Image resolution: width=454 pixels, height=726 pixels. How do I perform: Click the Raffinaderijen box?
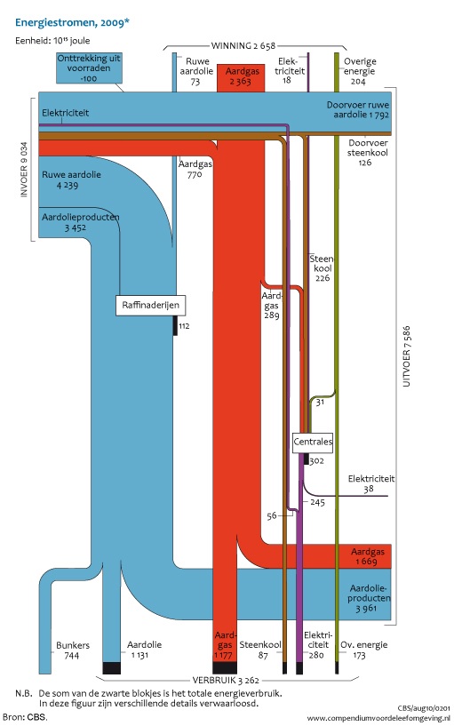pos(150,305)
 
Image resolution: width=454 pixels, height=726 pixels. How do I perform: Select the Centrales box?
pos(313,442)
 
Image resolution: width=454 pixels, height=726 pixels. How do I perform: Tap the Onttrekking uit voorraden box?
pos(89,68)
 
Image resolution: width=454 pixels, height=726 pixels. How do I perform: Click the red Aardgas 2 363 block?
pos(241,78)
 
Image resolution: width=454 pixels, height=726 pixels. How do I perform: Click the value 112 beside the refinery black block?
pos(184,326)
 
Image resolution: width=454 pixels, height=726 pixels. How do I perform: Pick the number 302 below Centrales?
pos(316,460)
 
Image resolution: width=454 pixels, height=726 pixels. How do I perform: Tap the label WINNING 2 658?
pos(243,45)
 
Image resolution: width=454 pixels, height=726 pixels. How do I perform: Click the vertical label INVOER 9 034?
pos(24,170)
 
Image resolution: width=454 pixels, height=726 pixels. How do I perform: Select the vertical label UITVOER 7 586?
pos(406,356)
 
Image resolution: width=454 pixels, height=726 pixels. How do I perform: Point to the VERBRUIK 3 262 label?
pos(226,680)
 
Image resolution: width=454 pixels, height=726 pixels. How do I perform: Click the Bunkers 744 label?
pos(73,650)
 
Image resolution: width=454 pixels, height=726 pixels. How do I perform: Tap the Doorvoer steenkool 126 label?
pos(368,152)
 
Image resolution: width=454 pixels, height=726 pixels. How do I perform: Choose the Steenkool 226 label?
pos(322,268)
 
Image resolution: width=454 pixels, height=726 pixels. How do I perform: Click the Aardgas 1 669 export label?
pos(368,556)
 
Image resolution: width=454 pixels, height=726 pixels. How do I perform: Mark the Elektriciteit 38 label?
pos(371,483)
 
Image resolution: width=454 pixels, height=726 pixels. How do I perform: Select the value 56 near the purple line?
pos(272,515)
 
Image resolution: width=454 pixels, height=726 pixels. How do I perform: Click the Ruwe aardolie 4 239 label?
pos(71,180)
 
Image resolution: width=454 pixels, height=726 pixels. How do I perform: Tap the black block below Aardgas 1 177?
pos(225,667)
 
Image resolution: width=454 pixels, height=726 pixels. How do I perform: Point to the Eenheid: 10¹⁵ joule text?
pos(52,40)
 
